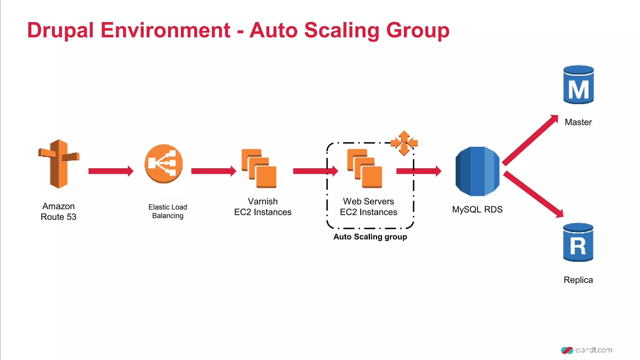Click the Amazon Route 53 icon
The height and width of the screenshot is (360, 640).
click(58, 164)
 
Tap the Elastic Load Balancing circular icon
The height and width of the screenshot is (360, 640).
click(163, 163)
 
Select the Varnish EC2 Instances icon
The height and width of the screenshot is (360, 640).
click(259, 168)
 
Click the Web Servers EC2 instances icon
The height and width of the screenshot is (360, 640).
click(365, 168)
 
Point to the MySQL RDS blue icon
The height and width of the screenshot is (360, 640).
click(477, 171)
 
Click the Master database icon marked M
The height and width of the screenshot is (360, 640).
click(578, 85)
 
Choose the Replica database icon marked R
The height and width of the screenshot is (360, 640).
click(578, 242)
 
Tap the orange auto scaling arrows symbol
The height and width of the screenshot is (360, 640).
click(404, 143)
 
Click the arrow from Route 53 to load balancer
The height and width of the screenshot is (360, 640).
click(111, 171)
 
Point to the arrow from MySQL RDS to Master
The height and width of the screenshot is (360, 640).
click(530, 140)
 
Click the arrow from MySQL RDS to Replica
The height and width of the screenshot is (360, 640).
click(533, 194)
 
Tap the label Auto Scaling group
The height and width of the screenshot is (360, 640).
click(370, 237)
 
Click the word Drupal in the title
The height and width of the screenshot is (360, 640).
click(60, 30)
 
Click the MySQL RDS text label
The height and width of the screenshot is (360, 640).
click(477, 209)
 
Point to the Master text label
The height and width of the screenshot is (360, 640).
click(578, 122)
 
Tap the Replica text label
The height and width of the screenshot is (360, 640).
click(578, 280)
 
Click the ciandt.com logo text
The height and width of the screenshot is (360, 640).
click(593, 350)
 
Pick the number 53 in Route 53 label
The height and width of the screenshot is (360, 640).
click(72, 217)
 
